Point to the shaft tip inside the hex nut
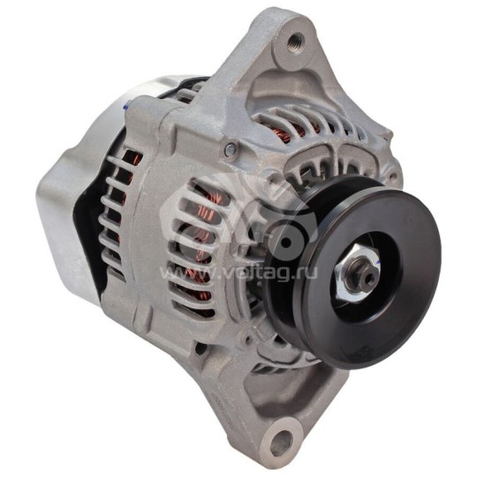[x=367, y=276]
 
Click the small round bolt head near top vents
[x=231, y=148]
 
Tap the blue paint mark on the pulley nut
[x=377, y=261]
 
